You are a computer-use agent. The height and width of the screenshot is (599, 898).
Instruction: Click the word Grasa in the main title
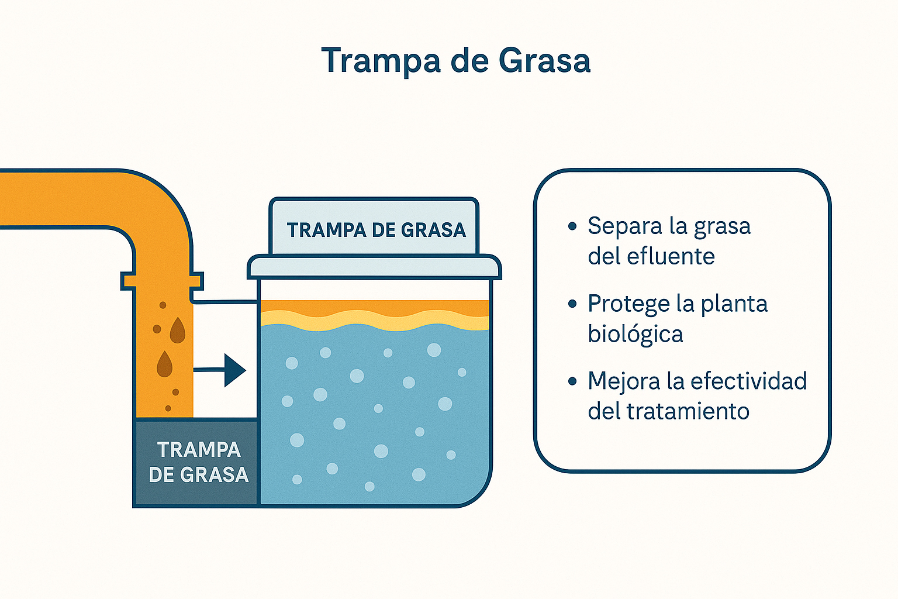point(545,60)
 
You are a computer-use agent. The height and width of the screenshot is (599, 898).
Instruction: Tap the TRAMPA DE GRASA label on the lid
point(377,230)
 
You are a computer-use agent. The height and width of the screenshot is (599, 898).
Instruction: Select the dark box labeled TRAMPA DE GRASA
point(196,463)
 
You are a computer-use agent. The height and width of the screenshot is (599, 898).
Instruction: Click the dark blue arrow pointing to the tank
point(220,370)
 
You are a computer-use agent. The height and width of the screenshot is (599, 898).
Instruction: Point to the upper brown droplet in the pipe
point(178,330)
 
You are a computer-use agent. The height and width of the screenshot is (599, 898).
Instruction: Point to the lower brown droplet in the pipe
point(164,364)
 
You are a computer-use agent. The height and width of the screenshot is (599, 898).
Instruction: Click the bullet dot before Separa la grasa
point(572,226)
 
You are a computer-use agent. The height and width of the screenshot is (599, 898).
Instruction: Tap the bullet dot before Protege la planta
point(572,304)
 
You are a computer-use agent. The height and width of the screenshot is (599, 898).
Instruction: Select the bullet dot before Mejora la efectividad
point(572,381)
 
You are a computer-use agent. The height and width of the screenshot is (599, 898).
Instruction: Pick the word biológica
point(635,334)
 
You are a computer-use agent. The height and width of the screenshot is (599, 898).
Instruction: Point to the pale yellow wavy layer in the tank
point(375,321)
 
